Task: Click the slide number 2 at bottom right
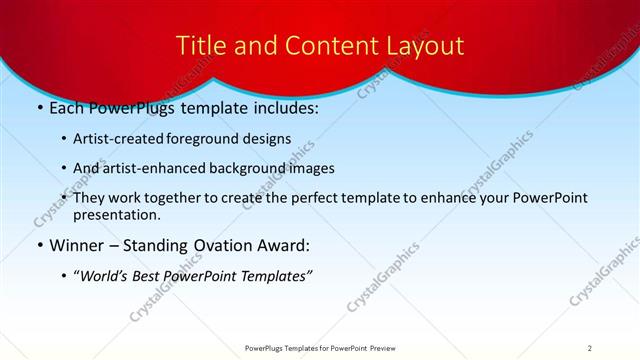click(590, 347)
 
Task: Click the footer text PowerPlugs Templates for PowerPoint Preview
click(319, 347)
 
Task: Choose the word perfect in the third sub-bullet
click(309, 198)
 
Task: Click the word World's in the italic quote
click(105, 275)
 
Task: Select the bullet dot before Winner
click(38, 245)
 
